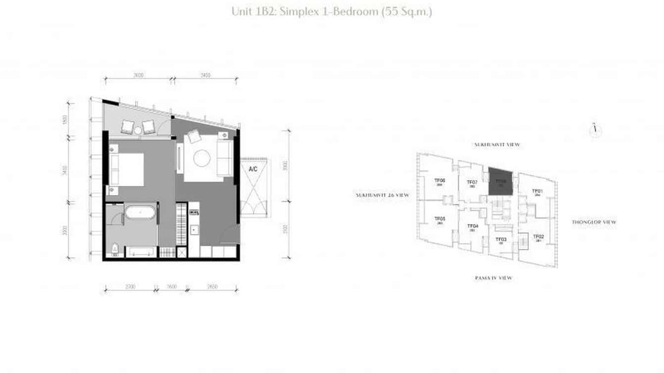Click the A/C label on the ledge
253,169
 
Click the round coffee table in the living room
202,158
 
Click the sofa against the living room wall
225,157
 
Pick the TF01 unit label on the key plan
537,191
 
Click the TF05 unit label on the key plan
439,219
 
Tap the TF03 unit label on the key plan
500,239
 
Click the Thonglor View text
594,223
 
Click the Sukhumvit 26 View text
382,195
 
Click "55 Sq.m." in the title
406,11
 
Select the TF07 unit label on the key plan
472,183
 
